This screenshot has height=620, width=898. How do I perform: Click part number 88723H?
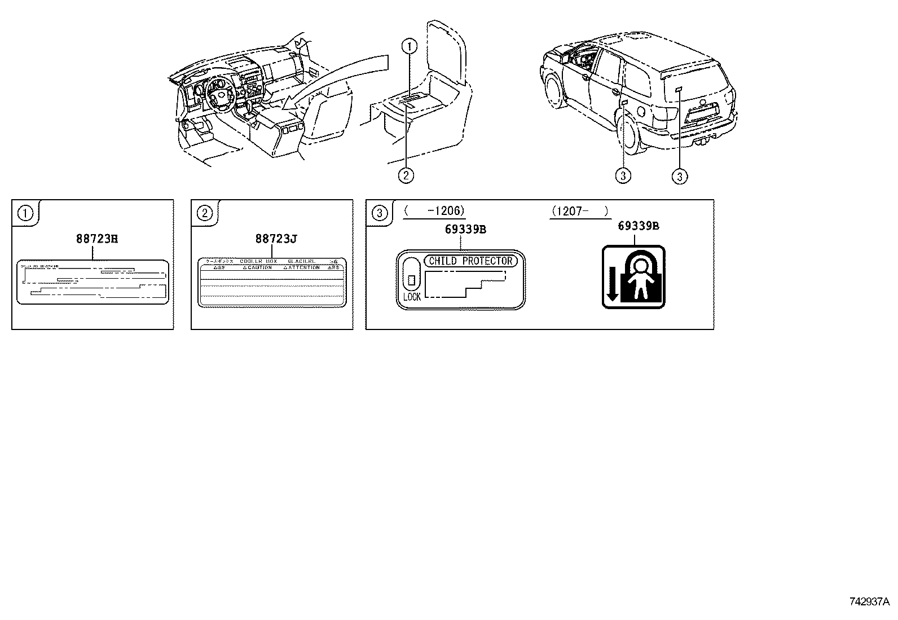(x=96, y=239)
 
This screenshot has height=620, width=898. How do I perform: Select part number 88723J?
(x=276, y=239)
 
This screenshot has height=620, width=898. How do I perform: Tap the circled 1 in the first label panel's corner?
(x=25, y=213)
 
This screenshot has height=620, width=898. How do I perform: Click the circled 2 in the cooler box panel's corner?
(x=204, y=213)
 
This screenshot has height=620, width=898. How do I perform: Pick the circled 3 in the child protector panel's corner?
(x=380, y=213)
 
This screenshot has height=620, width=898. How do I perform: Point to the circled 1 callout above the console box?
(x=410, y=46)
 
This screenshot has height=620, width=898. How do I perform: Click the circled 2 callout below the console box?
(x=406, y=175)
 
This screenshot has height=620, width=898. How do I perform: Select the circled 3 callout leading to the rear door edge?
(x=622, y=176)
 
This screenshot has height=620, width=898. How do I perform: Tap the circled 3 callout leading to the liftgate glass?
(x=680, y=176)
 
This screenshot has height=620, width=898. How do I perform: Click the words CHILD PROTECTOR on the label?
(x=470, y=261)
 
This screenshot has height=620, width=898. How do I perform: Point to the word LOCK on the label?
(x=412, y=297)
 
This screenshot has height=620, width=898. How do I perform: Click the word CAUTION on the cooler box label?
(x=258, y=267)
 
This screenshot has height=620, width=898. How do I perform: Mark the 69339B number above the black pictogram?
(x=639, y=226)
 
